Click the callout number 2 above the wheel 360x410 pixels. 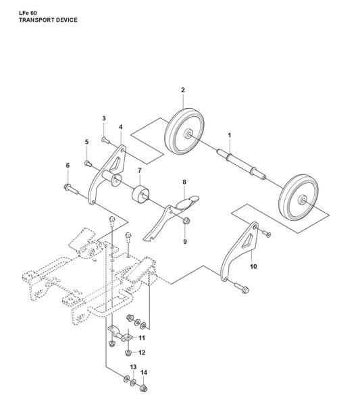pyautogui.click(x=183, y=90)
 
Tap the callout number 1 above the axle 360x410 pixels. pyautogui.click(x=229, y=135)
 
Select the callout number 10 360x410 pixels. pyautogui.click(x=253, y=266)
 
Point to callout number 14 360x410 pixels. pyautogui.click(x=144, y=372)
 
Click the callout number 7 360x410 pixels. pyautogui.click(x=140, y=170)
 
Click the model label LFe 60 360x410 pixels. pyautogui.click(x=28, y=13)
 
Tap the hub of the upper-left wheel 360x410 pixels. pyautogui.click(x=187, y=134)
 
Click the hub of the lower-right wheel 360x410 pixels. pyautogui.click(x=303, y=200)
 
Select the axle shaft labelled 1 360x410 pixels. pyautogui.click(x=240, y=164)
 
